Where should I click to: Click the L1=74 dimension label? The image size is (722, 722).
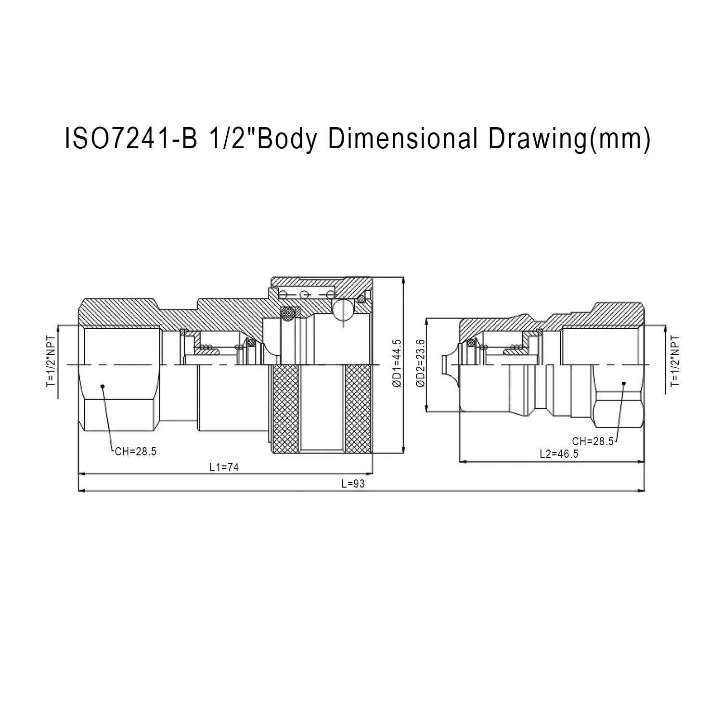click(224, 467)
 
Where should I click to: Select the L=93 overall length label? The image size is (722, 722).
click(353, 484)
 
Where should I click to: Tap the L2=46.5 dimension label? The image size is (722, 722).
click(559, 454)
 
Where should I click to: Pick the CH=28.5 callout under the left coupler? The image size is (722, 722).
click(136, 451)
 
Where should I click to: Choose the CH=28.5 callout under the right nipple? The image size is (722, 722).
click(593, 441)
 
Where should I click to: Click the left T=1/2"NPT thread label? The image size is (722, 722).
click(51, 361)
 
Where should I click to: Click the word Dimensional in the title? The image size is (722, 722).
click(403, 139)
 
